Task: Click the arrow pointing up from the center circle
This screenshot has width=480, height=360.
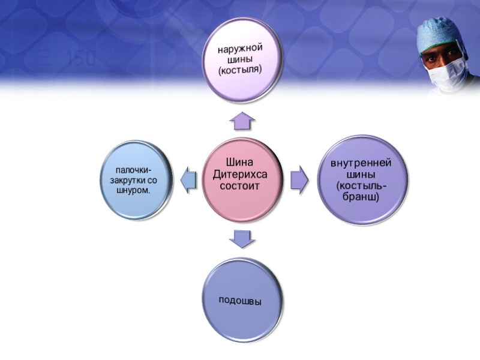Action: pos(242,122)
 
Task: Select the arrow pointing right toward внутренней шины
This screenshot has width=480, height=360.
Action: pos(298,179)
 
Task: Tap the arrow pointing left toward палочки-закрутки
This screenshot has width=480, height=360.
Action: pos(188,179)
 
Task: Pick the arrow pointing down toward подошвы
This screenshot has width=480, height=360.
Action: pos(242,239)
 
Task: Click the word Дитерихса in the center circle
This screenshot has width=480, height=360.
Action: pos(240,174)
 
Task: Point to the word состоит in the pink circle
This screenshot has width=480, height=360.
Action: pos(240,186)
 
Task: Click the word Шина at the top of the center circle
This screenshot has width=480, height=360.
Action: pos(240,162)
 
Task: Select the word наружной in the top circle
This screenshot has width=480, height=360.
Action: pos(241,47)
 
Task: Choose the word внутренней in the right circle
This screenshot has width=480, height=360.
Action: pos(361,163)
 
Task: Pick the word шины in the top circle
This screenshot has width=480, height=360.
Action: pos(241,59)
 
